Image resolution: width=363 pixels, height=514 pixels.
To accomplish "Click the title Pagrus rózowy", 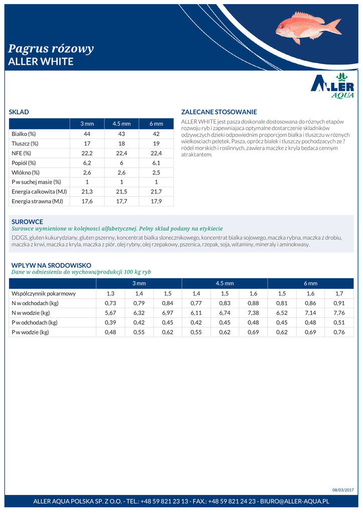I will pyautogui.click(x=51, y=49).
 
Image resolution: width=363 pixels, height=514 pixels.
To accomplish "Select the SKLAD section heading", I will pyautogui.click(x=19, y=112).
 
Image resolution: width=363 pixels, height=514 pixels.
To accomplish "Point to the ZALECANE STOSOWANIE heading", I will pyautogui.click(x=219, y=112).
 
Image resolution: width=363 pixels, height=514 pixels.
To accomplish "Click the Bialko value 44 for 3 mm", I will pyautogui.click(x=87, y=134).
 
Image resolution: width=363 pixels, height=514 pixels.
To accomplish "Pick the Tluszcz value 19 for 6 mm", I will pyautogui.click(x=156, y=144).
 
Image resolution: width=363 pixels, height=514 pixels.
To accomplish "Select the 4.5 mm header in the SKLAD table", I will pyautogui.click(x=121, y=124).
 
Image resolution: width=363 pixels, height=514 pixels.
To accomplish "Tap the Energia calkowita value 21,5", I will pyautogui.click(x=121, y=192).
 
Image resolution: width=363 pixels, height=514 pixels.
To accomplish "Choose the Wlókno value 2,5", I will pyautogui.click(x=156, y=173).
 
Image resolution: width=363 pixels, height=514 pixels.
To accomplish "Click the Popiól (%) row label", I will pyautogui.click(x=24, y=163).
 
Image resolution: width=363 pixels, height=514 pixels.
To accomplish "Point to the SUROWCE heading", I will pyautogui.click(x=27, y=221).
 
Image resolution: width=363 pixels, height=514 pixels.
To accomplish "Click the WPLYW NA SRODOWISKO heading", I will pyautogui.click(x=51, y=265).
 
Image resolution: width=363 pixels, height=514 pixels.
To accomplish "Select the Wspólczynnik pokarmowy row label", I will pyautogui.click(x=44, y=294).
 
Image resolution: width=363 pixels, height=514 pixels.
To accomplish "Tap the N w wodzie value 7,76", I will pyautogui.click(x=339, y=313).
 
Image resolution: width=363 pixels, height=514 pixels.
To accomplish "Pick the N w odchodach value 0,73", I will pyautogui.click(x=110, y=303).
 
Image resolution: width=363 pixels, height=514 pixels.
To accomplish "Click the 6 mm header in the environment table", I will pyautogui.click(x=310, y=284).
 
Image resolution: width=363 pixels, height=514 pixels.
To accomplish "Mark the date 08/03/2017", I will pyautogui.click(x=343, y=490).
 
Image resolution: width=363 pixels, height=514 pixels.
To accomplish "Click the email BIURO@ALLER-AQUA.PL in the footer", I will pyautogui.click(x=294, y=501).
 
